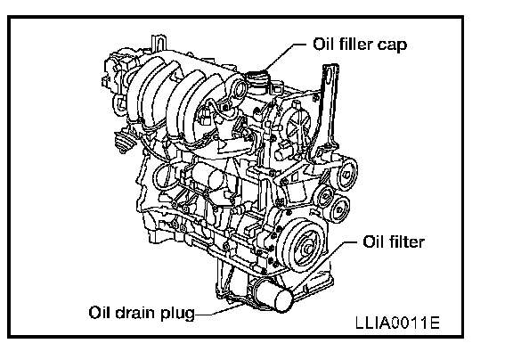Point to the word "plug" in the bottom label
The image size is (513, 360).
click(177, 314)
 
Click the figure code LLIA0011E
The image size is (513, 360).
click(397, 323)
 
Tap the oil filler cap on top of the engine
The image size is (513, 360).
click(258, 79)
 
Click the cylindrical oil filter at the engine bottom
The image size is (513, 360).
click(273, 296)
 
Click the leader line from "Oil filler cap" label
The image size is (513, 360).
click(285, 56)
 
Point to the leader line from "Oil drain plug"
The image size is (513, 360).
click(220, 309)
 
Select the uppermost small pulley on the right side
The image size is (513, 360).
click(347, 173)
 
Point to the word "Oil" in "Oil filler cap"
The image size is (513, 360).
click(323, 44)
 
